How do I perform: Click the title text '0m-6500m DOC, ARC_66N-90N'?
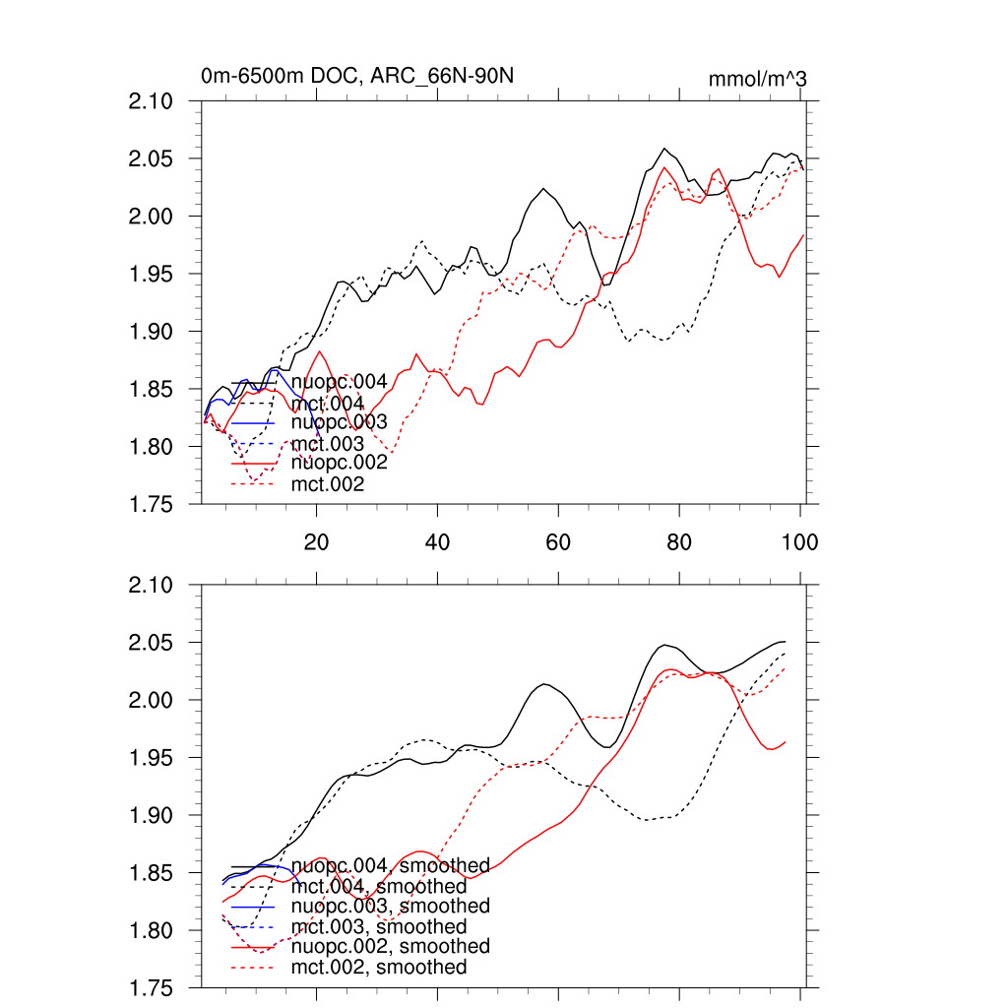pyautogui.click(x=358, y=76)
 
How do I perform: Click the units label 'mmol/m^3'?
pyautogui.click(x=758, y=79)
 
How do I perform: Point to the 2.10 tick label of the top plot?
pyautogui.click(x=153, y=101)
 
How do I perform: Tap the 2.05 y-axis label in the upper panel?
pyautogui.click(x=153, y=159)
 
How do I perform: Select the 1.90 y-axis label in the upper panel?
pyautogui.click(x=153, y=332)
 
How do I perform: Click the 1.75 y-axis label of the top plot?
pyautogui.click(x=153, y=505)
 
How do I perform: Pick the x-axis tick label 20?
pyautogui.click(x=316, y=541)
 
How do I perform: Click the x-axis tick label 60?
pyautogui.click(x=558, y=541)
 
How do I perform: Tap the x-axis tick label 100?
pyautogui.click(x=798, y=541)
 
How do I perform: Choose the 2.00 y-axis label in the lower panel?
pyautogui.click(x=153, y=701)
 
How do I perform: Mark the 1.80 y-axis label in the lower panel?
pyautogui.click(x=153, y=931)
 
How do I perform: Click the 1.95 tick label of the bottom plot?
pyautogui.click(x=153, y=759)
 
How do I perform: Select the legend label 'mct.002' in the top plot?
pyautogui.click(x=328, y=484)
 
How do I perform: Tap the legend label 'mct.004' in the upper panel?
pyautogui.click(x=328, y=404)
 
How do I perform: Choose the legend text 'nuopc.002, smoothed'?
pyautogui.click(x=391, y=946)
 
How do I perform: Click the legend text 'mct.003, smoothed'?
pyautogui.click(x=379, y=927)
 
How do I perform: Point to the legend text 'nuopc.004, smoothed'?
pyautogui.click(x=391, y=867)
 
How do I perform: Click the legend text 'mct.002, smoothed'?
pyautogui.click(x=379, y=968)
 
